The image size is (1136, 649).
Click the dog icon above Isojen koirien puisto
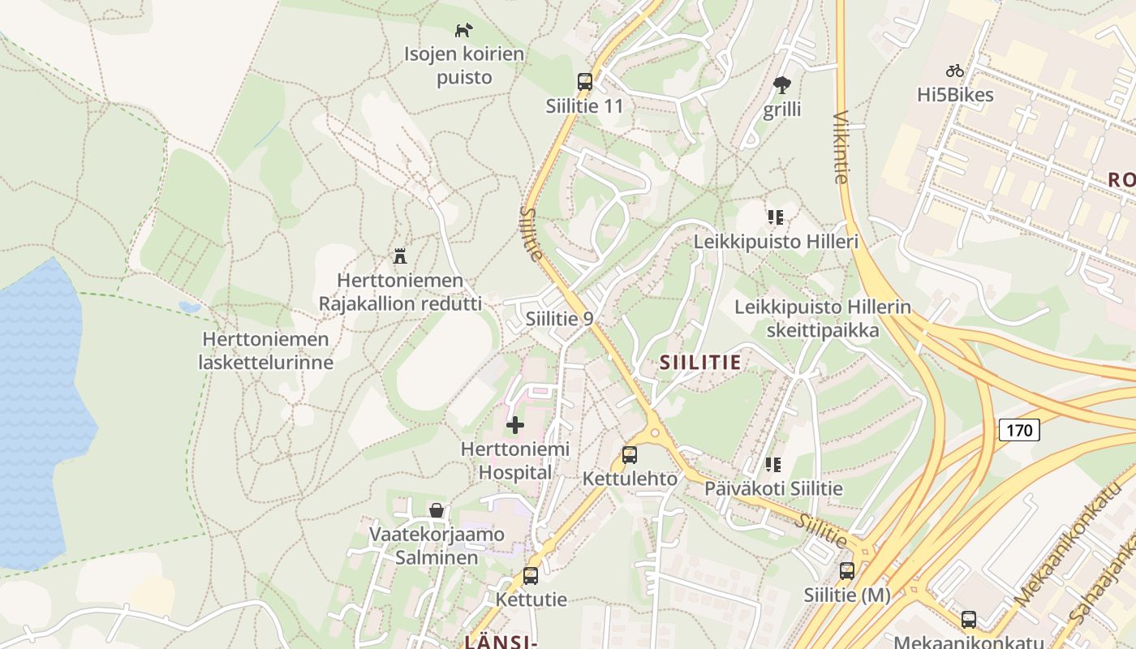tap(463, 31)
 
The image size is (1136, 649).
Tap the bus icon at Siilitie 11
tap(584, 82)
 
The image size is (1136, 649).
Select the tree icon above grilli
tap(782, 84)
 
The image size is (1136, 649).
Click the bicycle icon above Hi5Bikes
tap(955, 71)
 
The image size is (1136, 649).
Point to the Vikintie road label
tap(841, 147)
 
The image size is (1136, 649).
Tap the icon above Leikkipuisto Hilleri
tap(775, 217)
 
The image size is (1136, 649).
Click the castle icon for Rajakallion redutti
tap(399, 256)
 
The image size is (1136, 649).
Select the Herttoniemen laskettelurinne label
tap(265, 350)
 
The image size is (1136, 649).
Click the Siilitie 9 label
tap(559, 319)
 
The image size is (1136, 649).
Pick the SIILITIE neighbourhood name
tap(700, 363)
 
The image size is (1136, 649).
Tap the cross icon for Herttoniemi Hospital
tap(514, 424)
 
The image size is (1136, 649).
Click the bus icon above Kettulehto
tap(629, 455)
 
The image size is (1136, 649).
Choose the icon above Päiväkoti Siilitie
tap(773, 465)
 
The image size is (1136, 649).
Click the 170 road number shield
tap(1018, 429)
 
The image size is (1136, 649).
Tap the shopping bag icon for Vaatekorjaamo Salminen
tap(437, 510)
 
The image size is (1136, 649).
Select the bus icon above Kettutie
tap(531, 576)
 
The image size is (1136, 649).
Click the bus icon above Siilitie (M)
tap(847, 571)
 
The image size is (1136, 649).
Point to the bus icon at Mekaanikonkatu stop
tap(968, 620)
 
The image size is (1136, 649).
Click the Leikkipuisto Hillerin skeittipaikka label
tap(822, 319)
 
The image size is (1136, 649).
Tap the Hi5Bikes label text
tap(955, 95)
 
